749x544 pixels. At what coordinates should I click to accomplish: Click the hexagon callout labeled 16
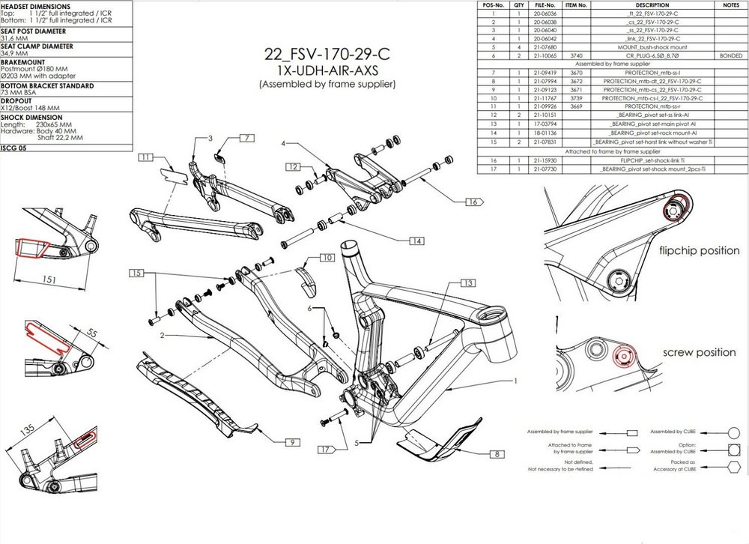point(472,202)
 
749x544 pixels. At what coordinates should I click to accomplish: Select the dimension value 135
point(28,429)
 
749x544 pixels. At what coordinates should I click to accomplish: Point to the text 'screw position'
point(697,352)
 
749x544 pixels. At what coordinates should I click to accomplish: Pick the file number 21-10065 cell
point(545,55)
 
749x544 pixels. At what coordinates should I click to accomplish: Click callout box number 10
point(327,257)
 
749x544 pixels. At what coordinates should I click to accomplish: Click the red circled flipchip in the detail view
point(675,203)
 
